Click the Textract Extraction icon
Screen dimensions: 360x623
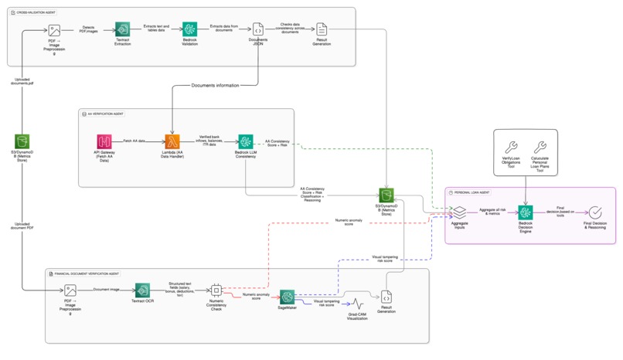click(122, 30)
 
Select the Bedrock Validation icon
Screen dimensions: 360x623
click(189, 30)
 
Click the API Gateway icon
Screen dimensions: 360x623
click(104, 141)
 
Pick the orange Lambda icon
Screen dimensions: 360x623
click(172, 141)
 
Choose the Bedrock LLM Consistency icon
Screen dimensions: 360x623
click(245, 141)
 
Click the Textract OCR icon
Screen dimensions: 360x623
click(143, 290)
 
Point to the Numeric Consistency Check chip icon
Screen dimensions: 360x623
click(216, 290)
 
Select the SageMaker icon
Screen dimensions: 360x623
click(287, 297)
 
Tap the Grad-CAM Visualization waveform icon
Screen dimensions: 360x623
click(357, 304)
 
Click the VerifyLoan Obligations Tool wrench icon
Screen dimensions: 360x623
click(510, 147)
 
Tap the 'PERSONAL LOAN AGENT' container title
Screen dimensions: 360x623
click(472, 192)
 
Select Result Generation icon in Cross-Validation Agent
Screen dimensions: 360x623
click(322, 29)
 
